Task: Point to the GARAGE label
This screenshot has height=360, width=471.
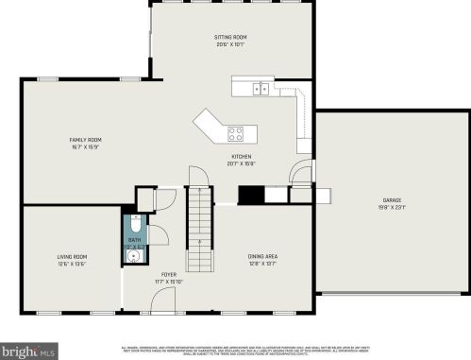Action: tap(391, 200)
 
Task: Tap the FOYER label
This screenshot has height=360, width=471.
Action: tap(168, 274)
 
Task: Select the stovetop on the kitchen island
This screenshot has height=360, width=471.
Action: tap(236, 132)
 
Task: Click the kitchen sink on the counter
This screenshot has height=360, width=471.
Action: tap(260, 89)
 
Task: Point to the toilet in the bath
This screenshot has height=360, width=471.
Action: tap(134, 227)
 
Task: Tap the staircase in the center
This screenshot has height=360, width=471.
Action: tap(199, 216)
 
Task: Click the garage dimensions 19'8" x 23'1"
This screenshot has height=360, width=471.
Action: tap(391, 207)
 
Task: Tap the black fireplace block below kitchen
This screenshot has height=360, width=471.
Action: tap(251, 196)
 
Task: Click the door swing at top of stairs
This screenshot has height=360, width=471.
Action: tap(197, 178)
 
